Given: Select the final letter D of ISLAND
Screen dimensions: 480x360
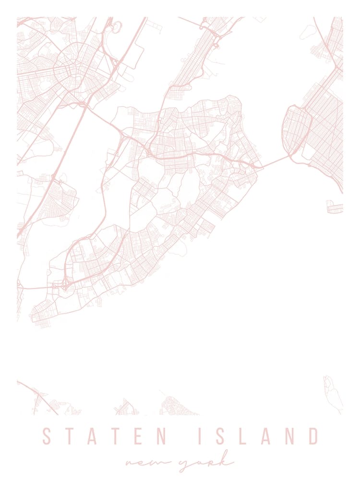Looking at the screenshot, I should pyautogui.click(x=312, y=436).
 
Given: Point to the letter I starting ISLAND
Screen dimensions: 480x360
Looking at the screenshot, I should pyautogui.click(x=201, y=436).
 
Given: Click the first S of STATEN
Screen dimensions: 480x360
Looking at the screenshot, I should pyautogui.click(x=47, y=436).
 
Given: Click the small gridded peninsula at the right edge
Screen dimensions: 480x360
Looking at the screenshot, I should pyautogui.click(x=335, y=207).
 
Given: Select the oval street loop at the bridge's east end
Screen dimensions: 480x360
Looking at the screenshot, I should pyautogui.click(x=298, y=128).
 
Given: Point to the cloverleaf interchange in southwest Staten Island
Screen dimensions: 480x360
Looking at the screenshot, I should pyautogui.click(x=64, y=286).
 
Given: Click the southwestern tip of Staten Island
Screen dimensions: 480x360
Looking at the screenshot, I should pyautogui.click(x=34, y=318).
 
